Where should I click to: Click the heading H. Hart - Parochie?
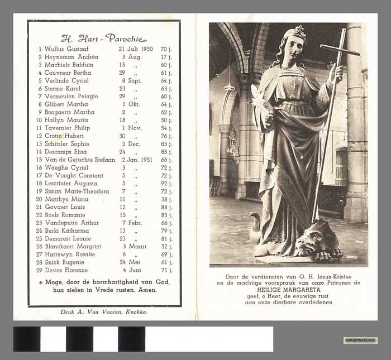(103, 39)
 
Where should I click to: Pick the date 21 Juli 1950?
(136, 49)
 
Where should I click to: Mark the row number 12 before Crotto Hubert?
(39, 136)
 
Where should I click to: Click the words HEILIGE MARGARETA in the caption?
(288, 290)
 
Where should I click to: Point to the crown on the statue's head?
(297, 32)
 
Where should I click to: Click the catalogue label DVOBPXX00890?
(360, 340)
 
